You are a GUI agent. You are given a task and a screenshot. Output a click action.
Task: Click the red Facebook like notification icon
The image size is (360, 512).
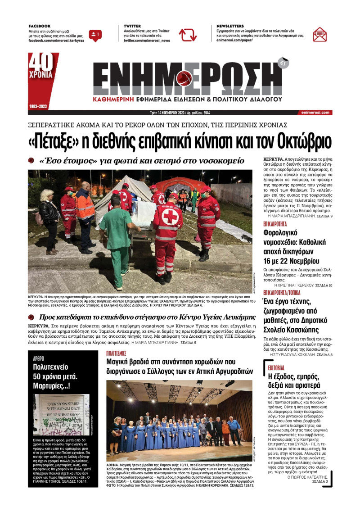coord(95,35)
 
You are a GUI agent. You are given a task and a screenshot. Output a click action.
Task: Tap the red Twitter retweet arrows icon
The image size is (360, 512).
coord(188,35)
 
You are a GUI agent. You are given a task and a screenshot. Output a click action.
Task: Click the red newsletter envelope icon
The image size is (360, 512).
coord(319,34)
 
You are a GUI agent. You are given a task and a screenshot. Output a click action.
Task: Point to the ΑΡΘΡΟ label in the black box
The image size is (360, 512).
coord(39,358)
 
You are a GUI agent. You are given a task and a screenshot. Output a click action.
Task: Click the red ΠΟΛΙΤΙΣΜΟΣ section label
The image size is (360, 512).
coord(116,353)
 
